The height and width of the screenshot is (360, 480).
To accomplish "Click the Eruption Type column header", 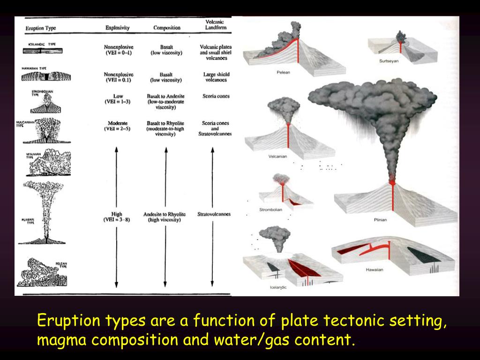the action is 41,28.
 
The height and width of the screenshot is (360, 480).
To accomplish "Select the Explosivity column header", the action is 117,28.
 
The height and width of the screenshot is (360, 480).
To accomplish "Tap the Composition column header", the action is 167,28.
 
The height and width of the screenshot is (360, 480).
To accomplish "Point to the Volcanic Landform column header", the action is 216,25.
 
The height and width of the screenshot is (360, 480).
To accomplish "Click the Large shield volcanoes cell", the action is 217,77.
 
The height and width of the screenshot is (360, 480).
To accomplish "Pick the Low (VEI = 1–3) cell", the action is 118,99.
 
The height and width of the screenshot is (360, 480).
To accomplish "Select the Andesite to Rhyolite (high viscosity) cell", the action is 164,217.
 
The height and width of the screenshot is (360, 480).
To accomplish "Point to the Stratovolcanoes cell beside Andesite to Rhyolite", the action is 214,214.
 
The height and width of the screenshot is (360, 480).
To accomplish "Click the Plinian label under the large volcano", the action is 380,220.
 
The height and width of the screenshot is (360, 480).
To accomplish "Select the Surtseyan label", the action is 389,61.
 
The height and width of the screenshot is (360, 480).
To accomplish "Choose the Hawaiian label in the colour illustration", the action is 375,270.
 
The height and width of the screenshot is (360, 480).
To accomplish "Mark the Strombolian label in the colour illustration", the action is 271,210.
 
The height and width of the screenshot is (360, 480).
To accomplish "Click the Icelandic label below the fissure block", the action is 278,287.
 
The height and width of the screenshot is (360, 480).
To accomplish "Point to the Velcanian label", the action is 277,157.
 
